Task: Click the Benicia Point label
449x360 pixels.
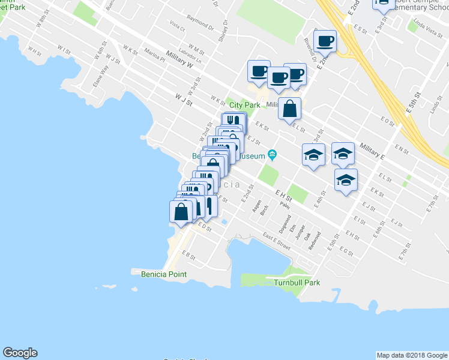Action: [163, 274]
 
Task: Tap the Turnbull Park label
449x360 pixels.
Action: [297, 283]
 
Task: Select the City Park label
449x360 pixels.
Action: [245, 105]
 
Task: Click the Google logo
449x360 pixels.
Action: [20, 353]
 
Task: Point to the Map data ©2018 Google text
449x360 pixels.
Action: [411, 355]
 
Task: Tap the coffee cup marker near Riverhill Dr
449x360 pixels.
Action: [325, 41]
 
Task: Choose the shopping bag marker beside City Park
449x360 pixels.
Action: [289, 109]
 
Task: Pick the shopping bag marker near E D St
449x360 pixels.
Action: [181, 212]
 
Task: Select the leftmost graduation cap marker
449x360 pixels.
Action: [313, 155]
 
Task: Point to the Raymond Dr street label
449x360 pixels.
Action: [200, 27]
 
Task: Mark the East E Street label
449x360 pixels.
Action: [276, 242]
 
